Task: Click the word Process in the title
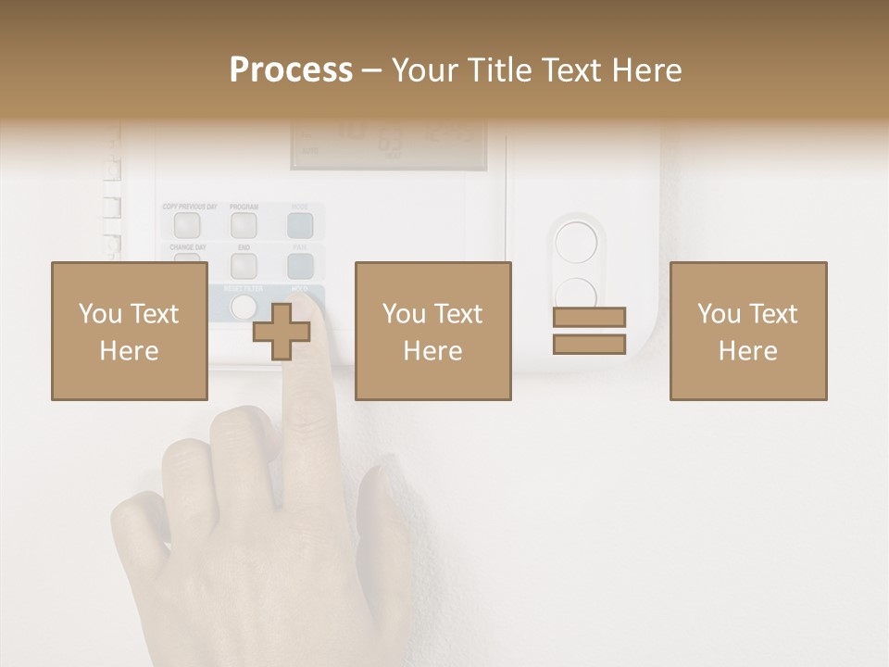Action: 291,69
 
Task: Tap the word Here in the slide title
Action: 645,69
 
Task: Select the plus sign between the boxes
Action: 281,331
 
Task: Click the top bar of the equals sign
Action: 589,317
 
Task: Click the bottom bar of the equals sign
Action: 589,344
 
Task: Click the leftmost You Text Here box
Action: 129,331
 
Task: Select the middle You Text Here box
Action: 432,331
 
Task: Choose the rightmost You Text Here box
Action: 747,331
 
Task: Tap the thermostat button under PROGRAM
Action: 244,224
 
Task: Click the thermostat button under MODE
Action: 300,224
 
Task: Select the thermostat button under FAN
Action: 300,266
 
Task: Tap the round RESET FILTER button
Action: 243,307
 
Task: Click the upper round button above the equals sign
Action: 576,243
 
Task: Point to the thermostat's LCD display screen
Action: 389,144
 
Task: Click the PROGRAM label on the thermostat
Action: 244,207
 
